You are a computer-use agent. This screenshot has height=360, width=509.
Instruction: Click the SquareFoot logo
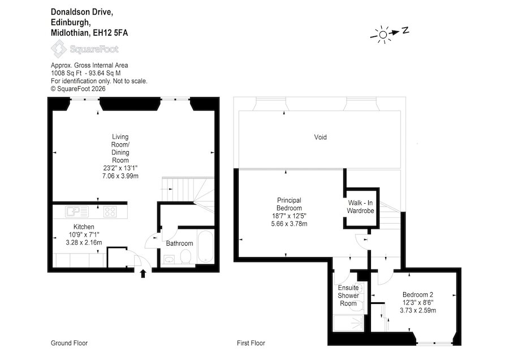[x=85, y=49]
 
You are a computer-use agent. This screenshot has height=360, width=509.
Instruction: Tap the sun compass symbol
[x=383, y=35]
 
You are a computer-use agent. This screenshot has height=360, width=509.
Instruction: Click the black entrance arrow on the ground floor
[x=143, y=273]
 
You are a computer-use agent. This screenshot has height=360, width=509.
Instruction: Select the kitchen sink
[x=76, y=212]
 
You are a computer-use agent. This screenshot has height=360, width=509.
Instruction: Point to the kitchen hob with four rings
[x=110, y=212]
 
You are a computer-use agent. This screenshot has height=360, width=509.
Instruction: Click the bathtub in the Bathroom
[x=205, y=247]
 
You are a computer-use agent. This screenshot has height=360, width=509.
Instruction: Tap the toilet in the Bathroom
[x=186, y=256]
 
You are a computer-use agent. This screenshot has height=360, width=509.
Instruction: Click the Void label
[x=320, y=137]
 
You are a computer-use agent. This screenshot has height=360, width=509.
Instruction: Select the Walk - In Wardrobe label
[x=360, y=207]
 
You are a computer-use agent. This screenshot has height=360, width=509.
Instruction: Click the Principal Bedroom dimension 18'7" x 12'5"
[x=289, y=216]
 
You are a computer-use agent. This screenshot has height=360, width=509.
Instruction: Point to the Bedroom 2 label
[x=418, y=295]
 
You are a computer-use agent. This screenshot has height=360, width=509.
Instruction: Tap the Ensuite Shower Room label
[x=348, y=295]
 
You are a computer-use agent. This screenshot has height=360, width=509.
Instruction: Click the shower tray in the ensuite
[x=349, y=323]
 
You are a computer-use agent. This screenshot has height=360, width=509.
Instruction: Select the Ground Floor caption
[x=69, y=343]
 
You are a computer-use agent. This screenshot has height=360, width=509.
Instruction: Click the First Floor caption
[x=251, y=343]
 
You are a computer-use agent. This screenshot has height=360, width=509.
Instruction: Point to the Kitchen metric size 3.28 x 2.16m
[x=84, y=242]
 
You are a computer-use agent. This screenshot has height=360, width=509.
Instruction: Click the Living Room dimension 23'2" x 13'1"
[x=120, y=168]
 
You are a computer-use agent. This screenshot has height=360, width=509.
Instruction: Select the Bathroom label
[x=179, y=243]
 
